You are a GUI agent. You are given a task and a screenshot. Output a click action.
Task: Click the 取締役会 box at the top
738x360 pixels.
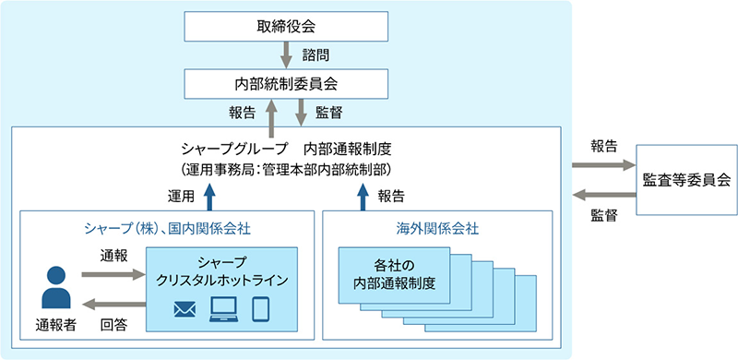(x=285, y=25)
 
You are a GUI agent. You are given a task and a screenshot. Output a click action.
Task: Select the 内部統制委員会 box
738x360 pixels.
(x=285, y=83)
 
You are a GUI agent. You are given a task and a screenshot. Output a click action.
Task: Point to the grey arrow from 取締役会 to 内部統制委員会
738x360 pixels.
(x=286, y=54)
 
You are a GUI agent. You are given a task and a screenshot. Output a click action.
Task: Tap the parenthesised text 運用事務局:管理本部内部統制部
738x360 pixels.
(x=285, y=169)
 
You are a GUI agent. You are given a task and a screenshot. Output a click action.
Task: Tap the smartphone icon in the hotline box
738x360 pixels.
(x=261, y=307)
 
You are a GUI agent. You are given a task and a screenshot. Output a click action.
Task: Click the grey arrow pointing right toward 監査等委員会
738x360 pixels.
(x=601, y=165)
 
